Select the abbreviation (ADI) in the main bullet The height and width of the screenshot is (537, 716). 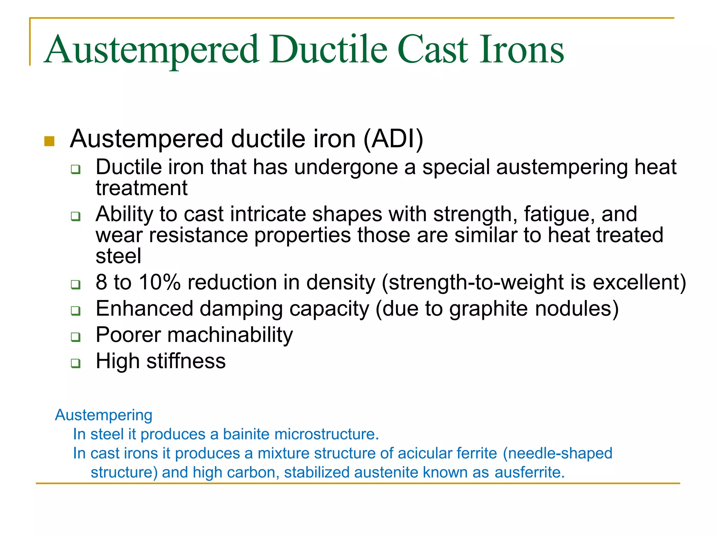[x=393, y=139]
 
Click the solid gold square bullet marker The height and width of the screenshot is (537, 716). [x=49, y=141]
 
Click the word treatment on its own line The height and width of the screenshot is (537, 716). [x=142, y=188]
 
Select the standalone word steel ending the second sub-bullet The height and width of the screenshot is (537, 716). [x=119, y=256]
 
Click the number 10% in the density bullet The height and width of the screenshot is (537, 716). [x=160, y=282]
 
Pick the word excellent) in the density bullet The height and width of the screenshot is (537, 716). [x=639, y=282]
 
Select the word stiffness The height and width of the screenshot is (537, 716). [x=186, y=361]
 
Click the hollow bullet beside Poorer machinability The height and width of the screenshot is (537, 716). [x=76, y=337]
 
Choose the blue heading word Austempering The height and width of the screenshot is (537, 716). [x=104, y=415]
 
